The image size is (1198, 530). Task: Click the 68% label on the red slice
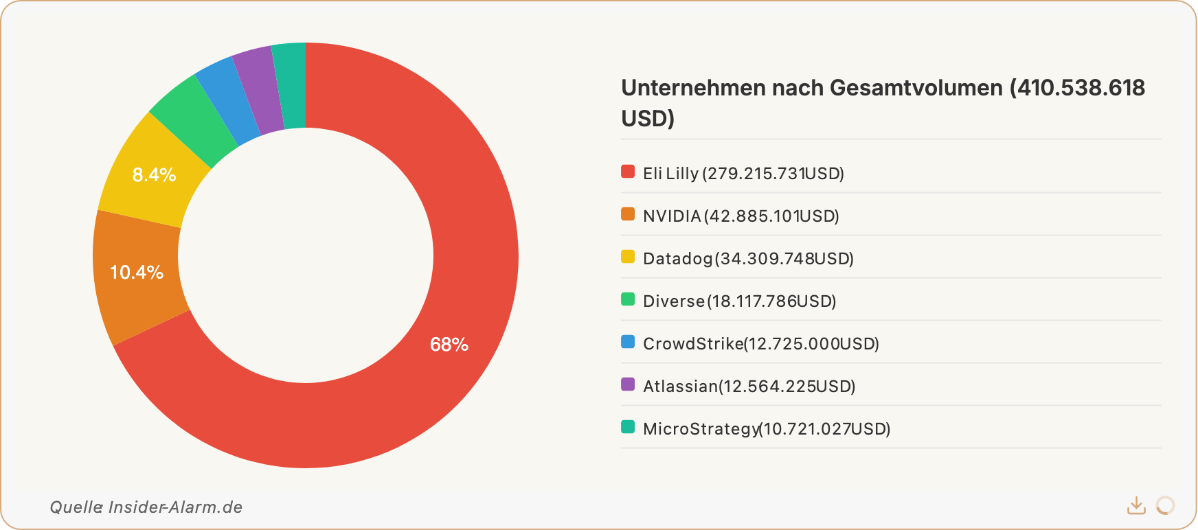point(449,345)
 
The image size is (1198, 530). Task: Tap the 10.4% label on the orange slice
point(137,273)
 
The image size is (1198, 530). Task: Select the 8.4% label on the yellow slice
point(154,175)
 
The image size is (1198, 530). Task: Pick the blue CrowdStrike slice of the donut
point(227,100)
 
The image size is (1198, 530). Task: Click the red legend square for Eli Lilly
point(628,172)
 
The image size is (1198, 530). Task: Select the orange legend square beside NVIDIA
point(628,214)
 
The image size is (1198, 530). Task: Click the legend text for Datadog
point(747,259)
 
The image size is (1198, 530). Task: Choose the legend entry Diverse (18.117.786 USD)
point(739,301)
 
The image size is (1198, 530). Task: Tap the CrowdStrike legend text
point(760,344)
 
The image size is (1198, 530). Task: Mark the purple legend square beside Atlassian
point(628,384)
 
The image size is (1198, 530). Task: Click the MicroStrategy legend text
point(766,429)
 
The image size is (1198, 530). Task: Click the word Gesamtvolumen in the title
point(916,88)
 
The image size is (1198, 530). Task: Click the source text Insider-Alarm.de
point(175,507)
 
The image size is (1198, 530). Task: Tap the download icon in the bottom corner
point(1136,506)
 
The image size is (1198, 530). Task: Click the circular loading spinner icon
point(1165,506)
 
